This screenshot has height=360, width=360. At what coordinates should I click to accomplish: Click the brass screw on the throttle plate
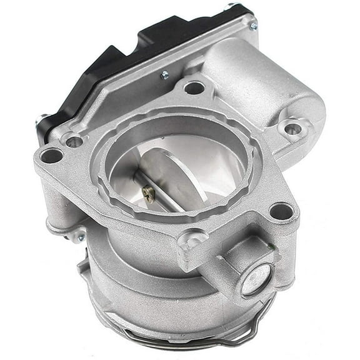coord(149,195)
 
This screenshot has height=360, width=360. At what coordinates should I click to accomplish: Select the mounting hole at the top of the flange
coord(194,88)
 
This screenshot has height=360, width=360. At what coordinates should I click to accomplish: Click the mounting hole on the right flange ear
coord(292,129)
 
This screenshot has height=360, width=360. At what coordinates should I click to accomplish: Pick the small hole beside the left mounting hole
coord(74,141)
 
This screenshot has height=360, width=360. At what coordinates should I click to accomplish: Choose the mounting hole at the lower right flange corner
coord(281,211)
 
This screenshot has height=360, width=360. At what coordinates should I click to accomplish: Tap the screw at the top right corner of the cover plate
coord(253,26)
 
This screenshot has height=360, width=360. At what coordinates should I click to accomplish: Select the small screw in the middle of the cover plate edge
coord(165,75)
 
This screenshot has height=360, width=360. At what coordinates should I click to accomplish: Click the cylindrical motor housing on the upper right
coord(262,81)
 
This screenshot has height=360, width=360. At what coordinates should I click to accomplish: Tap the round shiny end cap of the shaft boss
coord(257,279)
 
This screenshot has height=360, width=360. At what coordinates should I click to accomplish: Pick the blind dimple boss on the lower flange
coord(191,239)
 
